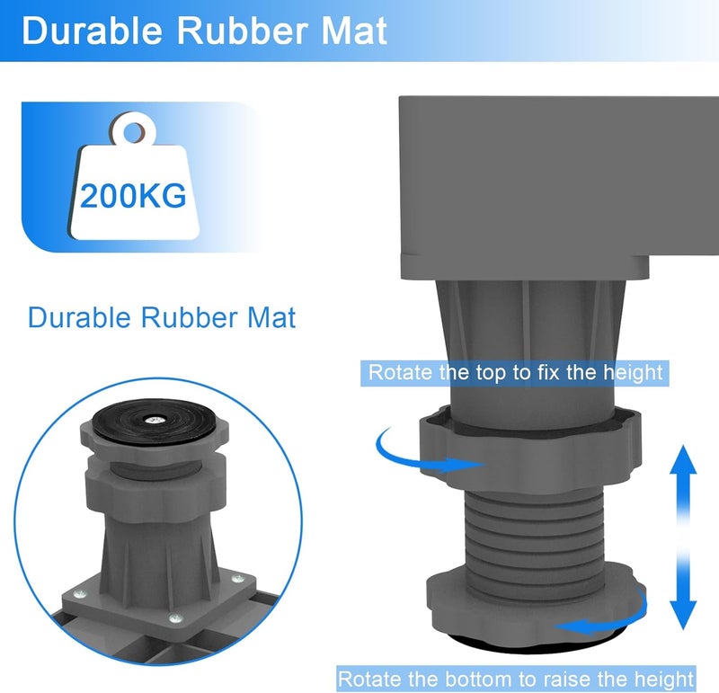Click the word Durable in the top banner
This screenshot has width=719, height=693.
(x=93, y=31)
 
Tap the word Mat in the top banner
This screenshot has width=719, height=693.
(x=354, y=31)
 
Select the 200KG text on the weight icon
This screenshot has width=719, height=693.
(x=133, y=196)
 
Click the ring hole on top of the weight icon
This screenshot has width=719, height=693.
(x=133, y=132)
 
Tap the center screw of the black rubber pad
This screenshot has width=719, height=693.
(x=152, y=419)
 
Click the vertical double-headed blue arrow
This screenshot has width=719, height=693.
(x=683, y=537)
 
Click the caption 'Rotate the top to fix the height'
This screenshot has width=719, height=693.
(x=515, y=372)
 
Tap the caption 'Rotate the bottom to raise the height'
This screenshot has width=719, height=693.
(x=516, y=679)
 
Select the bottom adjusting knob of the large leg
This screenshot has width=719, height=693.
(x=535, y=606)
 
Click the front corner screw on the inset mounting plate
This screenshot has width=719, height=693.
(x=175, y=618)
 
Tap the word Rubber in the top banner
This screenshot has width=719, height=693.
(x=242, y=31)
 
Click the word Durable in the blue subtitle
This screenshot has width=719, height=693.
(x=79, y=317)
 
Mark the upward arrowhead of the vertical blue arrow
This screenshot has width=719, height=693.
(x=683, y=458)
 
